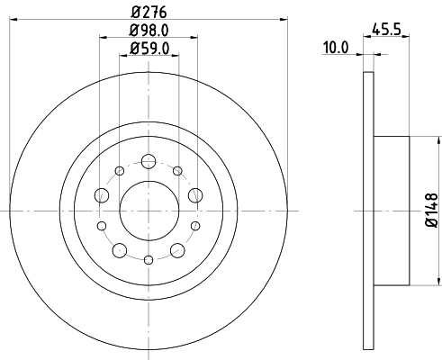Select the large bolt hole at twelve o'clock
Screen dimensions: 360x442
point(149,162)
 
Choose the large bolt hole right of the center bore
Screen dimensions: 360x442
point(194,196)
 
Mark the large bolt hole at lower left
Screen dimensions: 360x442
point(121,247)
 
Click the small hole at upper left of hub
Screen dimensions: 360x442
point(120,171)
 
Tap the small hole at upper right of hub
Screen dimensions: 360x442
point(177,171)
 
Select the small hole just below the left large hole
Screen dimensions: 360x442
point(101,225)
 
